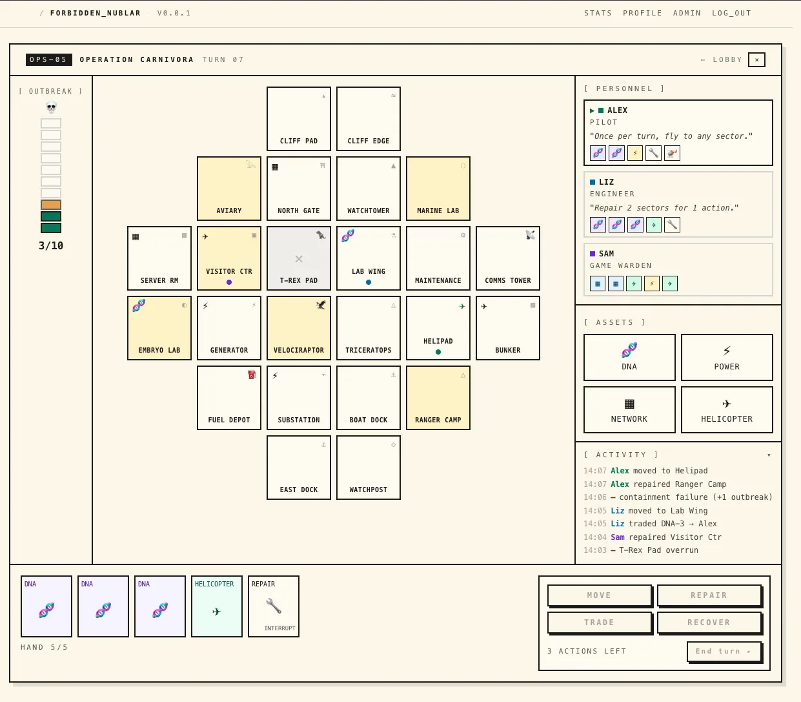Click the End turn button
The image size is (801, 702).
724,651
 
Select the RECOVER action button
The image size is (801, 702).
709,622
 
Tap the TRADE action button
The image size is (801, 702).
600,622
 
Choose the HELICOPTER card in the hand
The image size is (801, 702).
216,606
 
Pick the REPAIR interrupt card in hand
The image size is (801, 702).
273,606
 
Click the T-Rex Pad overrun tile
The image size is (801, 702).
299,258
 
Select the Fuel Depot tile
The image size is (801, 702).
229,398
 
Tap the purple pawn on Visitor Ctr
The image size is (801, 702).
229,282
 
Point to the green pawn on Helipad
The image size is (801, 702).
438,352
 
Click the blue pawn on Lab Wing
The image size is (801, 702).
369,282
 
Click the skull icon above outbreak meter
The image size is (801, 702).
51,107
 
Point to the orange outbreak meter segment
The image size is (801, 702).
51,205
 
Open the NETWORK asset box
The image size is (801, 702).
629,409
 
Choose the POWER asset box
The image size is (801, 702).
727,357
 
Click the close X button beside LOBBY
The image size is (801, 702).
756,59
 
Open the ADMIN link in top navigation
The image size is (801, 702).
687,13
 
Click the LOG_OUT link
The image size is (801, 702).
731,13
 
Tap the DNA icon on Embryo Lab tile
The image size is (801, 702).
139,305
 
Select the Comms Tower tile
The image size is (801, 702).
508,258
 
